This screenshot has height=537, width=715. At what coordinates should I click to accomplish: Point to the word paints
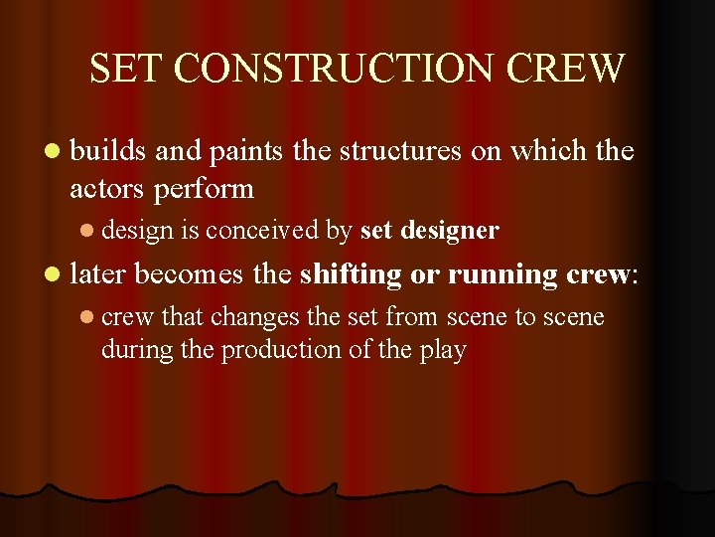click(243, 152)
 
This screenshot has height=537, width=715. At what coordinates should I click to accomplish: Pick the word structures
click(400, 151)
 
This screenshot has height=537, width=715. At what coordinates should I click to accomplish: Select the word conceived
click(262, 231)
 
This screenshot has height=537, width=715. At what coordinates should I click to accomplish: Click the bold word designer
click(449, 231)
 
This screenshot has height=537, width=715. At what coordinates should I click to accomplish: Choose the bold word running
click(489, 274)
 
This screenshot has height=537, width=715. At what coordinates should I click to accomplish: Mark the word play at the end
click(444, 351)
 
